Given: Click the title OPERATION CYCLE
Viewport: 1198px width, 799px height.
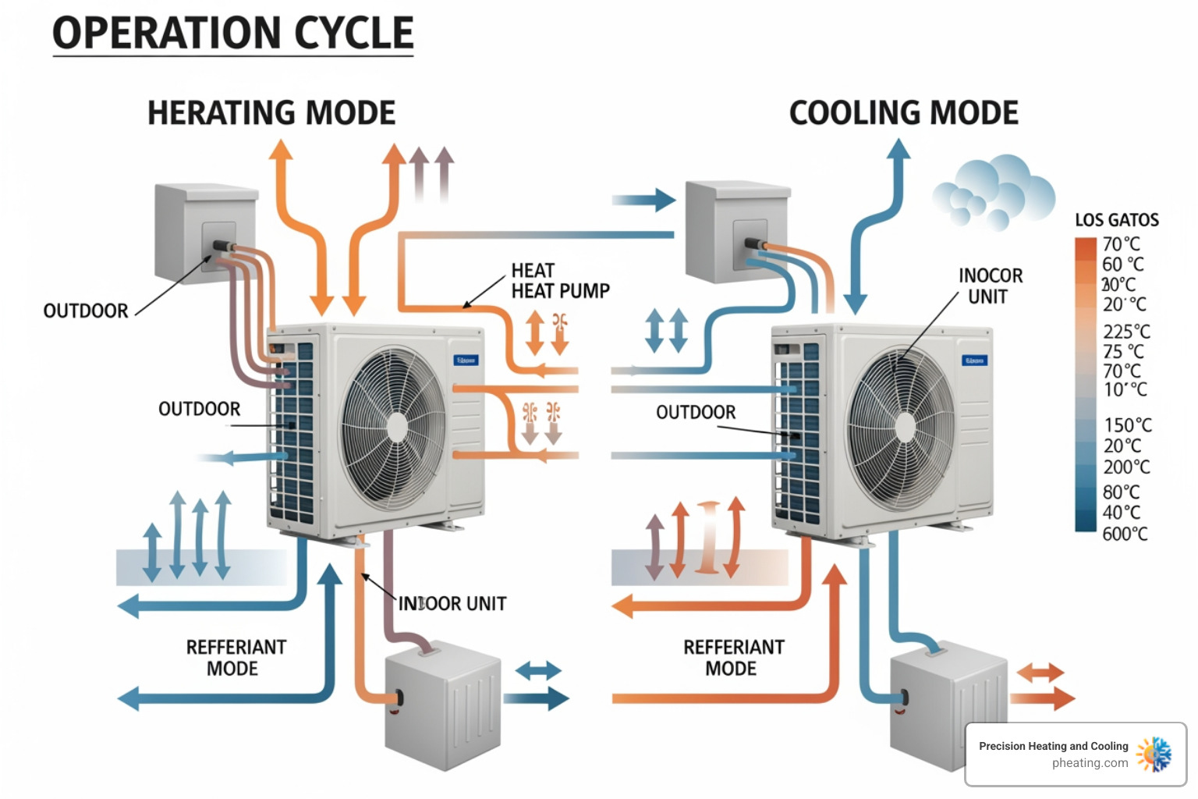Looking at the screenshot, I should tap(232, 34).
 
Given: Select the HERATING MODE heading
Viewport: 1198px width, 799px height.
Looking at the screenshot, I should tap(271, 113).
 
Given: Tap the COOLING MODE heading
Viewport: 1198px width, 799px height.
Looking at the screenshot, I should tap(903, 113).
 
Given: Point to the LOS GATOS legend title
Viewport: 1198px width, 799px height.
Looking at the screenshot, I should tap(1116, 220).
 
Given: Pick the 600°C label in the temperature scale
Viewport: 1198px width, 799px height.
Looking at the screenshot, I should tap(1125, 534).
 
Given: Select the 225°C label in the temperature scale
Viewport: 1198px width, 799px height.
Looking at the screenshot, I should tap(1126, 332).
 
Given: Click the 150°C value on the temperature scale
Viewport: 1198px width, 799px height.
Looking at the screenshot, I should tap(1127, 425).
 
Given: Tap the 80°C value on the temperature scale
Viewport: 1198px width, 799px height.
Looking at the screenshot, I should tap(1121, 492).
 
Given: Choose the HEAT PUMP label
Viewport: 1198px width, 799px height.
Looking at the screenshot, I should tap(560, 282).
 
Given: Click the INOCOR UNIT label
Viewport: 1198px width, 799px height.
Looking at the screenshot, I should tap(990, 286).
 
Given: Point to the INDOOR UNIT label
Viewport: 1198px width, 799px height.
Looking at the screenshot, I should tap(452, 604).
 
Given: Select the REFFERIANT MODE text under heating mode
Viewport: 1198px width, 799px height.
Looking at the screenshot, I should tap(236, 658).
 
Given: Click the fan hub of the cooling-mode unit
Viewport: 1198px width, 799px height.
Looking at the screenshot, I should tap(904, 427).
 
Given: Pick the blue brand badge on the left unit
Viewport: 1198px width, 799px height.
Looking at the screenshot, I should tap(466, 360).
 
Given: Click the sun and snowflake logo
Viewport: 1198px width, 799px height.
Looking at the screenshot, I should tap(1154, 755).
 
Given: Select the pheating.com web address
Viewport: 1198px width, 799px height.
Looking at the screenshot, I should tap(1090, 763).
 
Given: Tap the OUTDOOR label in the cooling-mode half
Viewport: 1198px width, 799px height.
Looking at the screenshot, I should tap(696, 412).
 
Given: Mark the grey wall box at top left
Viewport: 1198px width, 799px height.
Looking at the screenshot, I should tap(205, 232).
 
